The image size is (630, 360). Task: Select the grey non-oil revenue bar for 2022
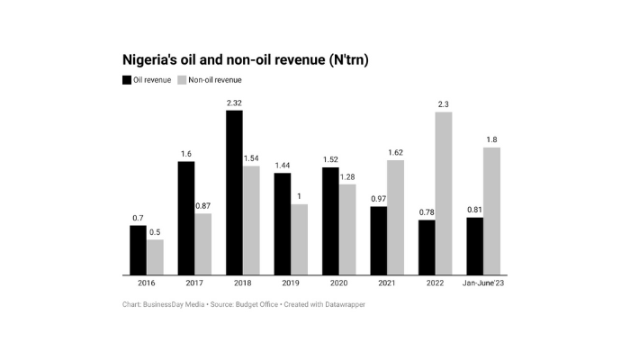[443, 193]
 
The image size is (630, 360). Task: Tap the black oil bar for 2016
[138, 249]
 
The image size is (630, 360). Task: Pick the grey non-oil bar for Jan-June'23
[491, 211]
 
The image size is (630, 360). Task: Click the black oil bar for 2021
[379, 240]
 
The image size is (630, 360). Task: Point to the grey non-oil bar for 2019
[300, 238]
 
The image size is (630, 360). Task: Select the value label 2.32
[234, 103]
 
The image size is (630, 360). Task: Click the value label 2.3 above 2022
[443, 104]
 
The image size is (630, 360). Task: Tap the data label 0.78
[427, 212]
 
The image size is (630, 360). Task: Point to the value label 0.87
[203, 206]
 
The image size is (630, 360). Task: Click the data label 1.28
[348, 177]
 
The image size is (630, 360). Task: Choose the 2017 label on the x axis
[194, 284]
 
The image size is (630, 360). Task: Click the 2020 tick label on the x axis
[339, 284]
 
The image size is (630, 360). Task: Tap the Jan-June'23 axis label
[483, 284]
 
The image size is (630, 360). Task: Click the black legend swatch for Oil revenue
[127, 80]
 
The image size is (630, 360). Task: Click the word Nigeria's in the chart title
[153, 59]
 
